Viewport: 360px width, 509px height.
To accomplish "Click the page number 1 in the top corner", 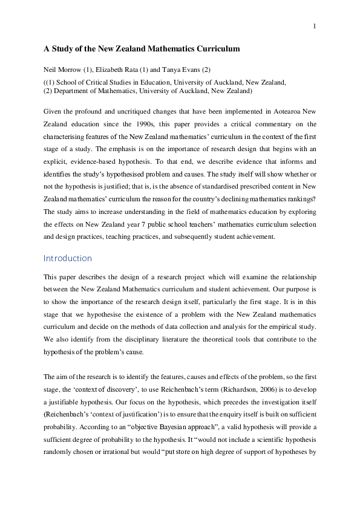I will coord(315,26).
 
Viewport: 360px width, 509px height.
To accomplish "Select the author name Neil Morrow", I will coord(63,70).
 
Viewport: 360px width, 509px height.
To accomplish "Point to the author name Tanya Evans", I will coord(173,70).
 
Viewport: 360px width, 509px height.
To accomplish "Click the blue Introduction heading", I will coord(68,258).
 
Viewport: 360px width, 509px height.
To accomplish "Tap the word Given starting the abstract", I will coord(53,112).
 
